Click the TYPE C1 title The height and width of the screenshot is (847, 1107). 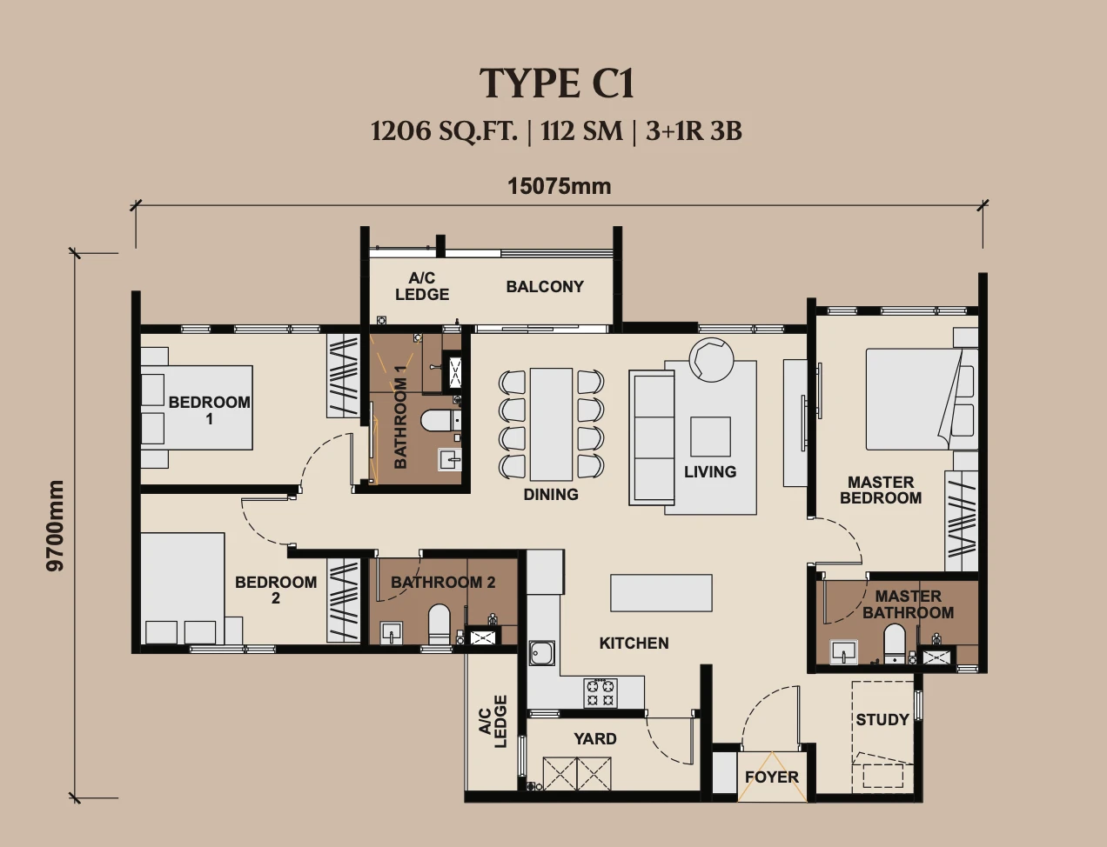coord(557,83)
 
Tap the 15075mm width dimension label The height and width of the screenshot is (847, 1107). coord(560,186)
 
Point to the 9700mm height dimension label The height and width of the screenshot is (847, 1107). coord(55,526)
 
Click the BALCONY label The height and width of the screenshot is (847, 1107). coord(545,287)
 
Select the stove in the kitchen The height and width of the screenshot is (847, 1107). coord(601,693)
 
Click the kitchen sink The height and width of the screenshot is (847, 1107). coord(541,653)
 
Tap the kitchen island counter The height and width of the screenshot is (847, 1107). coord(661,592)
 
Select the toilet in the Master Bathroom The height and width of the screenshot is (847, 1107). coord(894,644)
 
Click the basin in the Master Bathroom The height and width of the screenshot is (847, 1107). coord(843,652)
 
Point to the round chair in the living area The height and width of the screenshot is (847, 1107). coord(711,359)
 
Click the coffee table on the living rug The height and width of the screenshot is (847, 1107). coord(710,437)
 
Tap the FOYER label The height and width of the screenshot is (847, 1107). coord(771,777)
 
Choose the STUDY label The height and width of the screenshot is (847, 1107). coord(882,720)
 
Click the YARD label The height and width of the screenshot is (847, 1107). coord(595,738)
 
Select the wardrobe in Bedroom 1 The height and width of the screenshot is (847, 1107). coord(343,376)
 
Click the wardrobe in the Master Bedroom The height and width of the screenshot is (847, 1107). coord(962,521)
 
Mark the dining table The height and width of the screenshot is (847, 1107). coord(551,424)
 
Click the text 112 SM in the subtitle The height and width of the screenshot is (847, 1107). coord(581,131)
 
